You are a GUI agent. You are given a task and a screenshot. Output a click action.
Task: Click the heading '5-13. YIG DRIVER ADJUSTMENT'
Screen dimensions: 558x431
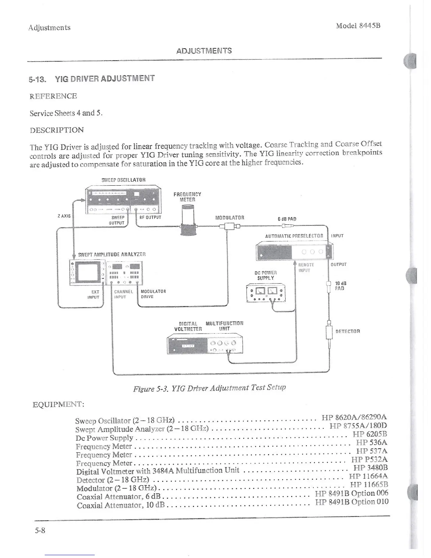click(92, 79)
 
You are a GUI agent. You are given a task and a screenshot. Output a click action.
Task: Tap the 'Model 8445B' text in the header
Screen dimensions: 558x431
click(358, 26)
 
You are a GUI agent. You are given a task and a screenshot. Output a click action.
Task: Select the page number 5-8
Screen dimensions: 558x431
click(40, 530)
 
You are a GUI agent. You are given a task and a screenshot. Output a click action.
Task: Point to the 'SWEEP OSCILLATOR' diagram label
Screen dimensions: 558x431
click(123, 180)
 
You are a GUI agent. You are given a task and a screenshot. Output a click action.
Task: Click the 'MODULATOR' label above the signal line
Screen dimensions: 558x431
click(230, 218)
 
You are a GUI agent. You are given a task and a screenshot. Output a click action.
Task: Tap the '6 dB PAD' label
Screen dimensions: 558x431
click(287, 219)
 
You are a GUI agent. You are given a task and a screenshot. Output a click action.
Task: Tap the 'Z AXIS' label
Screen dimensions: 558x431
click(64, 216)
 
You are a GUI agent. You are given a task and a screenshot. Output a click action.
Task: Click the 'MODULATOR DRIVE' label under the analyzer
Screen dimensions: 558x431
click(153, 294)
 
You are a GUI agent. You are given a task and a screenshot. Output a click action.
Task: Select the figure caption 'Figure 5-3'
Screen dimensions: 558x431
click(209, 388)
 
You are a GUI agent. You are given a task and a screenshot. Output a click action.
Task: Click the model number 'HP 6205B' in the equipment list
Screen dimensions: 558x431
click(369, 434)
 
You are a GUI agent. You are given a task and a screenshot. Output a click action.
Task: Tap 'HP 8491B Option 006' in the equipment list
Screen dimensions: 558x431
click(351, 493)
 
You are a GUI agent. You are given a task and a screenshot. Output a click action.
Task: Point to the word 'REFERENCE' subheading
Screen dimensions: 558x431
click(53, 96)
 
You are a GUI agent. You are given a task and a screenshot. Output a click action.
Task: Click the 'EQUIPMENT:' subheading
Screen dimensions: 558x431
click(58, 404)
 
